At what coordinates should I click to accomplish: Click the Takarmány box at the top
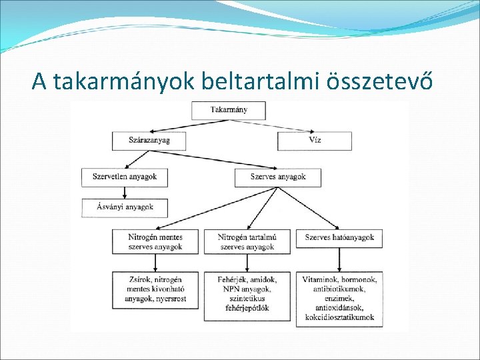[228, 110]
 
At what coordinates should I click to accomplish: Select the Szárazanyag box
[149, 141]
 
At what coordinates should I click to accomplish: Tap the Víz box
[315, 141]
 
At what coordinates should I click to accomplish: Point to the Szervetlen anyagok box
[124, 177]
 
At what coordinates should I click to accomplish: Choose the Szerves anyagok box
[278, 177]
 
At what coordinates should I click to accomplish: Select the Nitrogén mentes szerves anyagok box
[155, 241]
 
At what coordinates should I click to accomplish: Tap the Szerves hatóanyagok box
[340, 237]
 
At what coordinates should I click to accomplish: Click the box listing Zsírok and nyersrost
[155, 289]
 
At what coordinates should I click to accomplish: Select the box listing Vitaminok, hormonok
[340, 298]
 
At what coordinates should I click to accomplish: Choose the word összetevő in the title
[381, 81]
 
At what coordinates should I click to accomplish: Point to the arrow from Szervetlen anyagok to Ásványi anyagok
[124, 193]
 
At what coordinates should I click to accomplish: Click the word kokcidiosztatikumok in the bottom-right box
[339, 318]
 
